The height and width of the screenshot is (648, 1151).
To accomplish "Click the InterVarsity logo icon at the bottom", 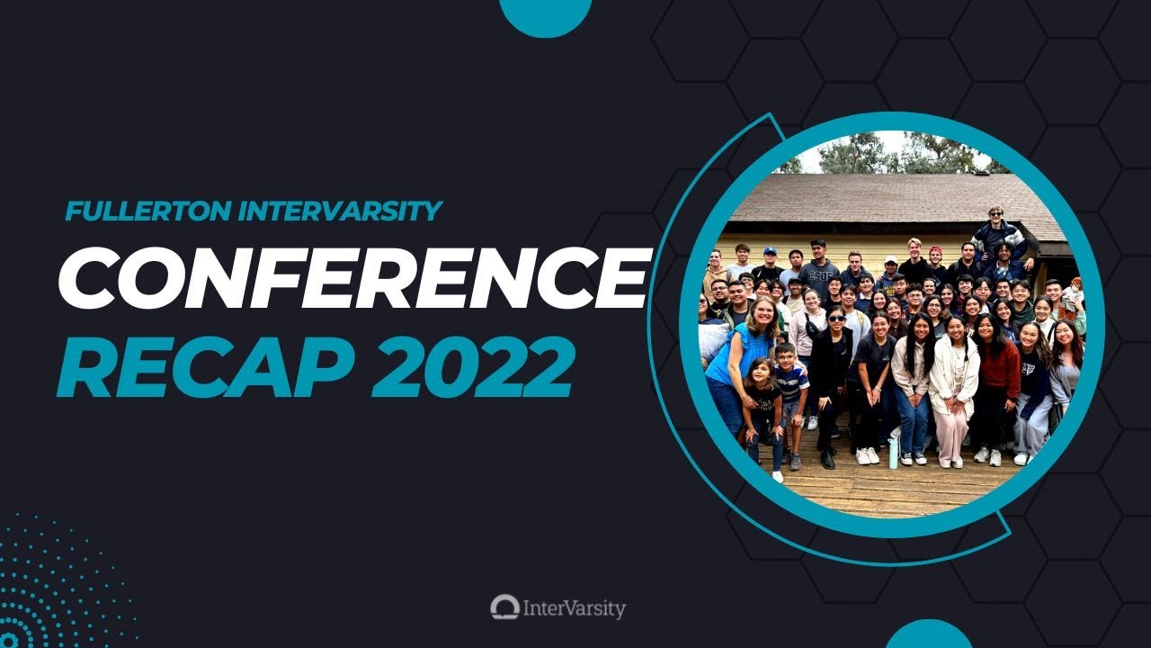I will (504, 607).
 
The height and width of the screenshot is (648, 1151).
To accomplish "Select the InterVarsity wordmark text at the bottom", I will (574, 608).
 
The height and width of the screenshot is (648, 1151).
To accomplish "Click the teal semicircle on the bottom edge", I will (929, 635).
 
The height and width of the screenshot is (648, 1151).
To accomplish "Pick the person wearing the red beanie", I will (936, 261).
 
